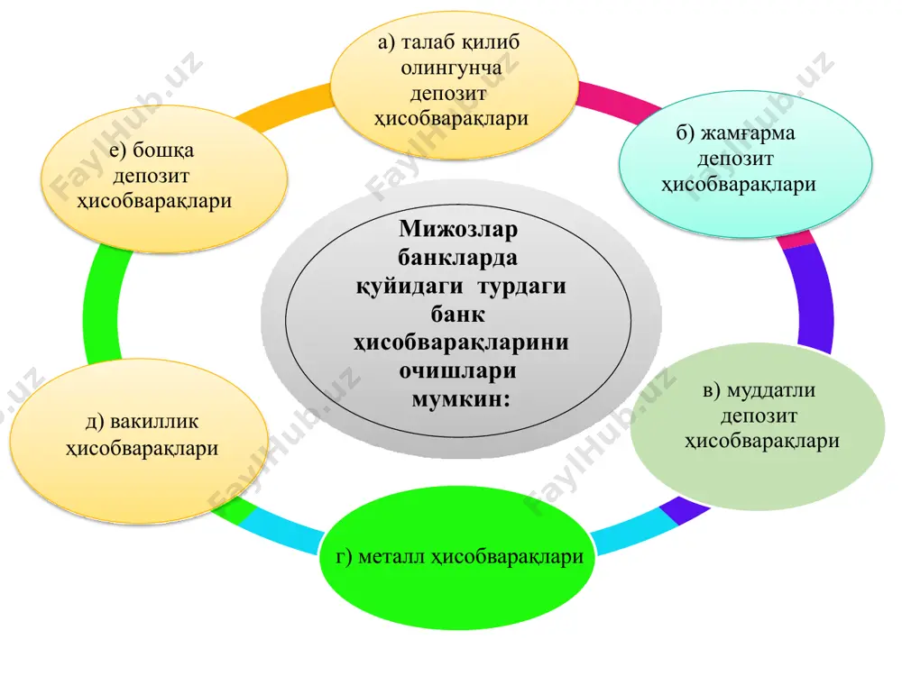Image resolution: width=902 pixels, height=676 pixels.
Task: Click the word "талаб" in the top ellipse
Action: (x=428, y=42)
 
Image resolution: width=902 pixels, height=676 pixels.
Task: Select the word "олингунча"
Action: (x=451, y=69)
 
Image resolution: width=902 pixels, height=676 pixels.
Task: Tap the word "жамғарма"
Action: (x=747, y=134)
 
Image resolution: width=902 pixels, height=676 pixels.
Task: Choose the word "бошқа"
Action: (x=162, y=151)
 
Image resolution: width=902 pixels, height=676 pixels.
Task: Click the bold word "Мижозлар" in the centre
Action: (x=458, y=229)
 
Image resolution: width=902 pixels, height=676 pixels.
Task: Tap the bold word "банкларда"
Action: (x=458, y=258)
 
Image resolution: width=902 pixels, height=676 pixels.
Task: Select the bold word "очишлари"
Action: (x=458, y=370)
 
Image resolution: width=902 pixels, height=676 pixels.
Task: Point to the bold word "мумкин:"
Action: (x=460, y=399)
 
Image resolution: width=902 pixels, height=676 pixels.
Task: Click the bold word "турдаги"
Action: (x=521, y=287)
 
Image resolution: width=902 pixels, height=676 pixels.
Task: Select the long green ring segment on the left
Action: (x=102, y=305)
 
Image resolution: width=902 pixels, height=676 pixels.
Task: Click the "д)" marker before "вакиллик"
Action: (x=95, y=422)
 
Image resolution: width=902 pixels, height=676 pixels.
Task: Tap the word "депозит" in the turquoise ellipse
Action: (x=735, y=160)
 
